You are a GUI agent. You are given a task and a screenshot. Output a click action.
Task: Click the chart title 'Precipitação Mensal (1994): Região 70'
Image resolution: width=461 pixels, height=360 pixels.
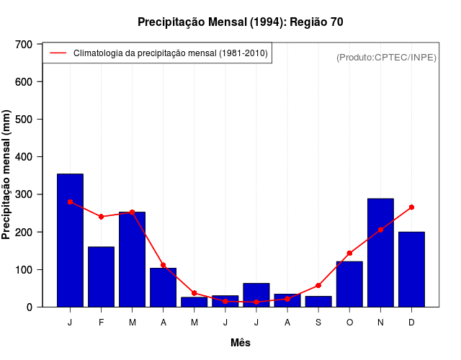pos(240,22)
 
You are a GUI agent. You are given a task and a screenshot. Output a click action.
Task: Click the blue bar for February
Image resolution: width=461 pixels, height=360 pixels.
pos(101,276)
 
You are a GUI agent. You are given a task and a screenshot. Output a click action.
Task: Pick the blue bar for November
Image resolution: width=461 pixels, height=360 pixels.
pos(380,253)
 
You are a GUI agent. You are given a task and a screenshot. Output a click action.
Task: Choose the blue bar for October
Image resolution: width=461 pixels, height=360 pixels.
pos(349,284)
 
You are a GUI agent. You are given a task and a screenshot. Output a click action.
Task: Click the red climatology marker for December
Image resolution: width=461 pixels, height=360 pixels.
pos(411,207)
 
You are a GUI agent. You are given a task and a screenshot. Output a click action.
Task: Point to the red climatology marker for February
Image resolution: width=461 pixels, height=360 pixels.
pos(101,217)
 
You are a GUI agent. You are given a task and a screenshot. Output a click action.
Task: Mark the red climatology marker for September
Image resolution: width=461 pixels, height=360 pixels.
pos(318,286)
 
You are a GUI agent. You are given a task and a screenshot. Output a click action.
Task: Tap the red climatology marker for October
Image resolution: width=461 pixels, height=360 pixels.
pos(349,253)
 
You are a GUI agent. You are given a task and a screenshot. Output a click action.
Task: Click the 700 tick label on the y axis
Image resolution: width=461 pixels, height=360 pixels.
pos(24,45)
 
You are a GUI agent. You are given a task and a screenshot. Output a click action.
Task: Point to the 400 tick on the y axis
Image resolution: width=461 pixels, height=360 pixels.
pos(24,157)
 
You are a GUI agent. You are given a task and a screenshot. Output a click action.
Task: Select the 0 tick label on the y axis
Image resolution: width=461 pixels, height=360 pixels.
pos(29,307)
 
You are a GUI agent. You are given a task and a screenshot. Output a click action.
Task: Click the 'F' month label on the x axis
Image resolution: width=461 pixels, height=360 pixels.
pos(101,323)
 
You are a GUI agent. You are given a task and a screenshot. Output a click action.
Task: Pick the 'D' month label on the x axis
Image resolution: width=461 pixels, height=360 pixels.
pos(411,323)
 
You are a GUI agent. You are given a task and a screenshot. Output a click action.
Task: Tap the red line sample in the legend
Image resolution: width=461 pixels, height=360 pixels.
pos(58,53)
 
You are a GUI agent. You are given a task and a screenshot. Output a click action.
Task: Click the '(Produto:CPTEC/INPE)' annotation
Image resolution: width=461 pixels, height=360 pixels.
pos(386,57)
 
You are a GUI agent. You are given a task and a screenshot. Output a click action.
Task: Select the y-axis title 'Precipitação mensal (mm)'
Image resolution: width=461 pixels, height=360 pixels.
pos(6,175)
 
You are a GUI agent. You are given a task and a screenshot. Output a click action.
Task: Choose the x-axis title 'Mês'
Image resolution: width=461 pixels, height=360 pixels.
pos(241,343)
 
